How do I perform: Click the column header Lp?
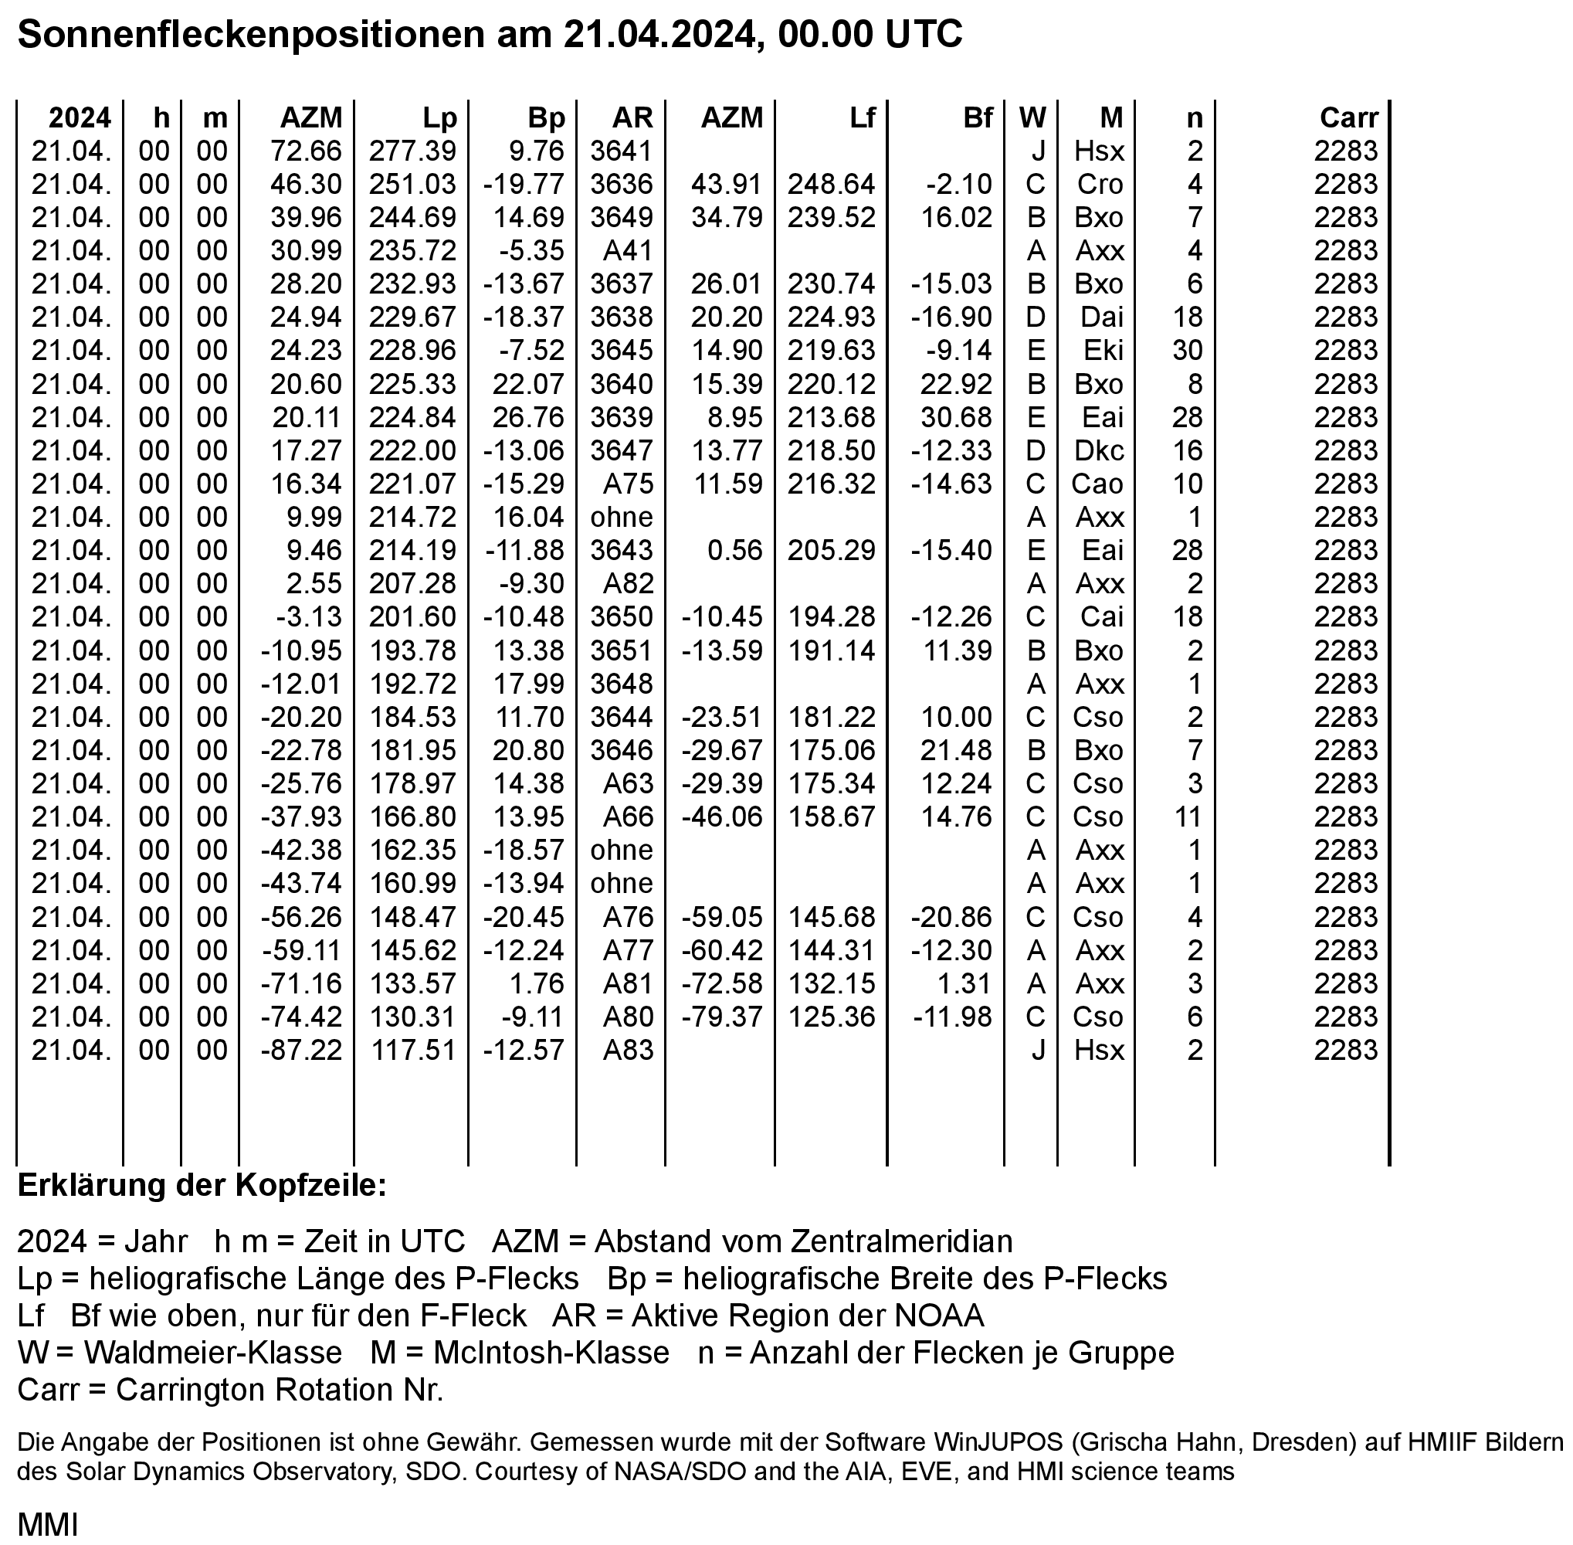(x=439, y=117)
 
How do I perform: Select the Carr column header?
(x=1348, y=117)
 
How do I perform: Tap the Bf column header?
(x=978, y=117)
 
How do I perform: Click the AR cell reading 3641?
(x=622, y=151)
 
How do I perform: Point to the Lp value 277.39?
(x=412, y=151)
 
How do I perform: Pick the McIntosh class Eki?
(x=1103, y=351)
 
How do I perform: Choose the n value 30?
(x=1188, y=351)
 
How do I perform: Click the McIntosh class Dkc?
(x=1099, y=450)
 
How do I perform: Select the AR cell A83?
(x=628, y=1050)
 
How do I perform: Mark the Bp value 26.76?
(x=528, y=417)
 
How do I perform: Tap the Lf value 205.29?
(x=832, y=550)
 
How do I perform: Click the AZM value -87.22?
(x=301, y=1050)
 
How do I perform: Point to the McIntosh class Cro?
(x=1100, y=184)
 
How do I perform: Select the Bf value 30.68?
(x=956, y=417)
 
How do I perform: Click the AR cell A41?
(x=628, y=251)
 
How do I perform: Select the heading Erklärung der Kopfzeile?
(x=202, y=1186)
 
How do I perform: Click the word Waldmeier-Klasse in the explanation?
(x=212, y=1353)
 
